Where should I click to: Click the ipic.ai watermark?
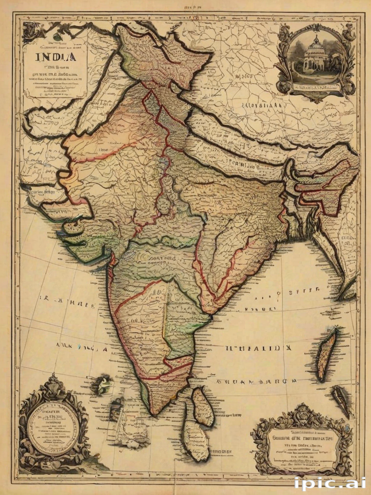tap(330, 482)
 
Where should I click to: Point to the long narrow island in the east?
tap(326, 354)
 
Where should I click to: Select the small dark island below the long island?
tap(342, 399)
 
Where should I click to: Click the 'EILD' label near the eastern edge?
tap(346, 238)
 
